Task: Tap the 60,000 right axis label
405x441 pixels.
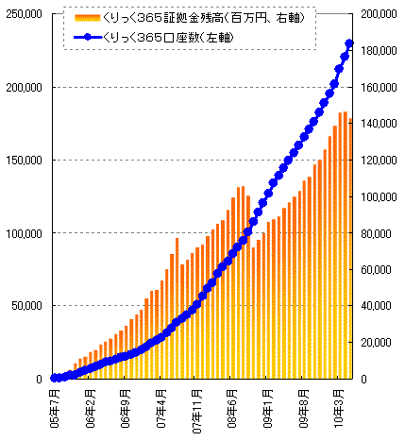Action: click(x=377, y=269)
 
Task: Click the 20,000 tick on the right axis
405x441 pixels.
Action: click(x=377, y=342)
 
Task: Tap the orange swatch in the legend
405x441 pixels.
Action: click(x=93, y=19)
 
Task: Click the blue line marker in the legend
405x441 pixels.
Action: click(x=93, y=37)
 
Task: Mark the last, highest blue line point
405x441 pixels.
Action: click(x=349, y=43)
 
